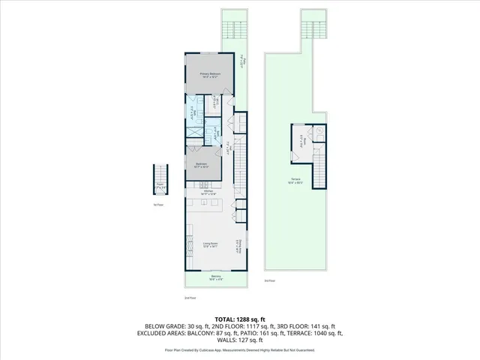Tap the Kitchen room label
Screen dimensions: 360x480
(209, 193)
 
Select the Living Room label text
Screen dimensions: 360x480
(209, 244)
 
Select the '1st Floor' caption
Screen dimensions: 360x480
(157, 204)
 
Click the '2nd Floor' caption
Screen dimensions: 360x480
(190, 298)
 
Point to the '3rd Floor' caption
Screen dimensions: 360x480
(269, 280)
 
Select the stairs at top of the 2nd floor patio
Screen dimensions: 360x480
(234, 29)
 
